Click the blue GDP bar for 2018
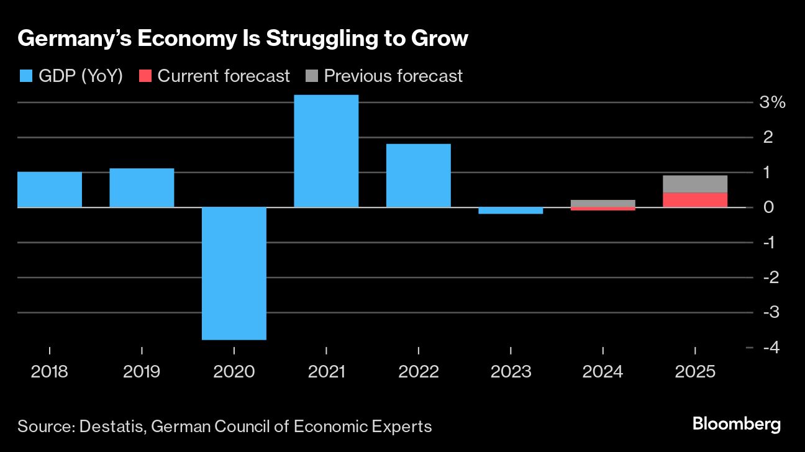(x=50, y=189)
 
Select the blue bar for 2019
(x=142, y=188)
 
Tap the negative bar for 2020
(x=234, y=273)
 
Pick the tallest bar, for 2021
(x=326, y=151)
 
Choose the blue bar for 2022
(x=418, y=175)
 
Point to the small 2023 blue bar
(x=511, y=210)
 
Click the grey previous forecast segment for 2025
(x=695, y=184)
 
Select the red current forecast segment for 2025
(x=695, y=200)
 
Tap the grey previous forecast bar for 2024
(x=603, y=203)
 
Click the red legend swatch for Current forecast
(x=145, y=76)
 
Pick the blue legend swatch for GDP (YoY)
(x=25, y=76)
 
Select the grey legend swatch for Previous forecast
(x=311, y=76)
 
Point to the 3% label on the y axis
(x=772, y=102)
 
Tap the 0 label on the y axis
(x=768, y=207)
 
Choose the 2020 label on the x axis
(x=234, y=372)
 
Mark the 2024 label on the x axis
(x=603, y=372)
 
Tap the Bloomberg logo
(x=736, y=425)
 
